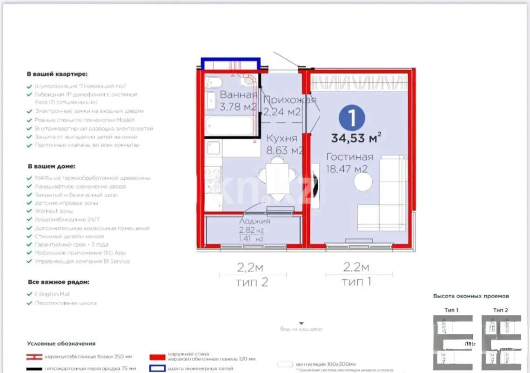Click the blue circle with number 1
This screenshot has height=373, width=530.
tap(351, 117)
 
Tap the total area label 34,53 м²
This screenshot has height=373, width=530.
tap(356, 138)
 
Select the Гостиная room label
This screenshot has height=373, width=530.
tap(349, 157)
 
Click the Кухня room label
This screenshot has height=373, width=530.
tap(282, 138)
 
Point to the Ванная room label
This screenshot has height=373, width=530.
tap(238, 95)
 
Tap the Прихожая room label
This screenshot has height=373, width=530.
tap(289, 100)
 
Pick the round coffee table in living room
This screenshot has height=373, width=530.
tap(362, 182)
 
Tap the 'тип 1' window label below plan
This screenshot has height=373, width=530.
tap(356, 282)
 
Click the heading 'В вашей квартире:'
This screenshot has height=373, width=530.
tap(57, 74)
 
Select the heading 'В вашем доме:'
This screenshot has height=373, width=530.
tap(51, 166)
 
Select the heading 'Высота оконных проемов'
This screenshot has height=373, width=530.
tap(471, 296)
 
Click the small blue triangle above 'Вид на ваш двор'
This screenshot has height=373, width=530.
tap(301, 323)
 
